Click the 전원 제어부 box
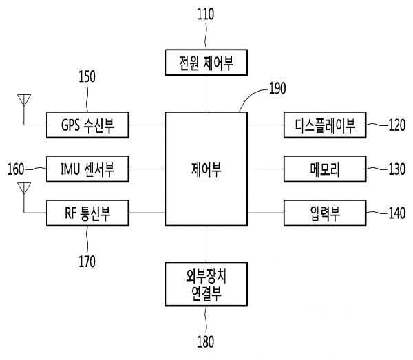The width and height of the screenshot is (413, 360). (206, 63)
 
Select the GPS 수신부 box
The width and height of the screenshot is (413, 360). (87, 125)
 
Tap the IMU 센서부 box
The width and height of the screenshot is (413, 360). (87, 167)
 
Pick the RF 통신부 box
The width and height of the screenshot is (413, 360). (87, 213)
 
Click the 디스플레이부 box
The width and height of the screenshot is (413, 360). (324, 125)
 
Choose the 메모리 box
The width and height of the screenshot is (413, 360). (324, 167)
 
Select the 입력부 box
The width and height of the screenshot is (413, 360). (324, 213)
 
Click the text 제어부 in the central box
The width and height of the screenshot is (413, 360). (206, 167)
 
